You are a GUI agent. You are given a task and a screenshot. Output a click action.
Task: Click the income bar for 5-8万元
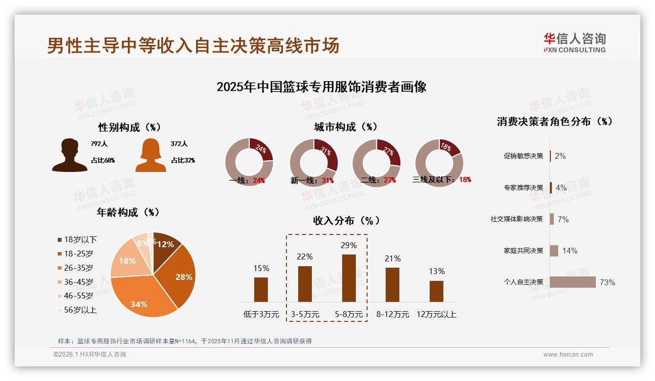pos(349,278)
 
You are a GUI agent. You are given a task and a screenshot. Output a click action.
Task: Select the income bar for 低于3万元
pos(261,290)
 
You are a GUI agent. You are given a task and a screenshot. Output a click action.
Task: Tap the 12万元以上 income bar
pos(437,291)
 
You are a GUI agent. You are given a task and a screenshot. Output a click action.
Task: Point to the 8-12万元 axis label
pos(393,315)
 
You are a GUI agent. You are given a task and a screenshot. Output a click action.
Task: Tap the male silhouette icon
pos(69,155)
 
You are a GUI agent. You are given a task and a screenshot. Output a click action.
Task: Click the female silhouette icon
pos(151,155)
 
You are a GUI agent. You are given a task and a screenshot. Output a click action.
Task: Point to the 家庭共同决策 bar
pos(554,251)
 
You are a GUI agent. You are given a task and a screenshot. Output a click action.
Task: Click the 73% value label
pos(608,282)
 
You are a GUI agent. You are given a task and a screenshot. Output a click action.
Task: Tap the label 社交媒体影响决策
pos(517,219)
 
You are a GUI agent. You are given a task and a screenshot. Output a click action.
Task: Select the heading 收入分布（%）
pos(346,220)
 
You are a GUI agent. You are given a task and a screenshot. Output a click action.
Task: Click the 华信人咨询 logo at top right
pos(574,42)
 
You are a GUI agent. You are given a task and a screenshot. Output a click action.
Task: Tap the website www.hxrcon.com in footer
pos(568,355)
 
